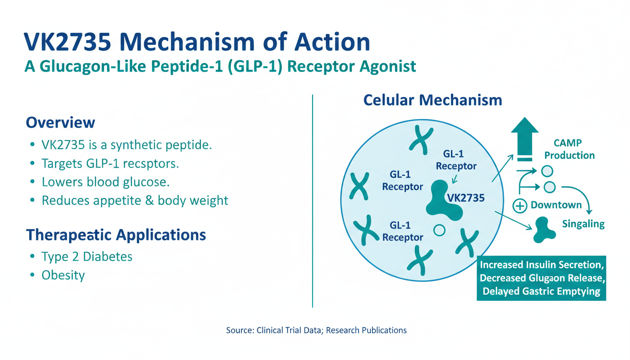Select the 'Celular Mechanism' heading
pos(433,100)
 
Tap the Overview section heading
pos(60,123)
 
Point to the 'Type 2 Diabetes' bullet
pos(87,257)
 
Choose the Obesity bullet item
pos(63,275)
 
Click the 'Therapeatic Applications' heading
pos(116,235)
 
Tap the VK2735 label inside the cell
pos(466,198)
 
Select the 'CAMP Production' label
pos(569,150)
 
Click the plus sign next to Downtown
pos(519,205)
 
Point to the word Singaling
pos(583,224)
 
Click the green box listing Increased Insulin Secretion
pos(541,278)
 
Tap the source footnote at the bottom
pos(316,330)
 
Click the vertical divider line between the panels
pos(312,202)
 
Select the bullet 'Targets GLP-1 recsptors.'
pos(111,164)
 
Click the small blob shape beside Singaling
pos(541,230)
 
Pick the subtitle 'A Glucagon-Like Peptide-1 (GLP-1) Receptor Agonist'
pos(220,67)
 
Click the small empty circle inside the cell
pos(439,230)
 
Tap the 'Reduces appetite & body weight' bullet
pos(135,201)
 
